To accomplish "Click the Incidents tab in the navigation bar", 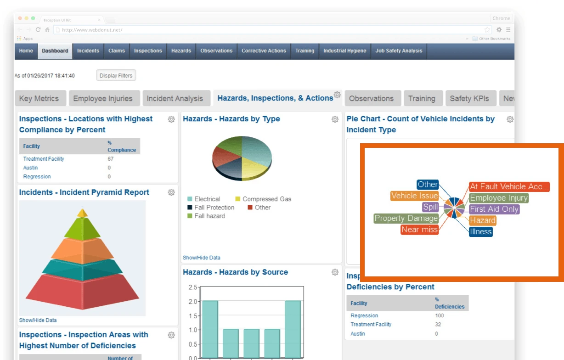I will tap(88, 51).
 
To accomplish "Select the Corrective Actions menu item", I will tap(264, 51).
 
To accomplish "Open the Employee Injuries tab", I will tap(102, 98).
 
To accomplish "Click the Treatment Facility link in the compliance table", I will tap(44, 159).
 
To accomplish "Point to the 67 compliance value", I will tap(110, 159).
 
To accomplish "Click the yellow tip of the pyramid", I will tap(82, 213).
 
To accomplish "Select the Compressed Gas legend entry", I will tap(266, 199).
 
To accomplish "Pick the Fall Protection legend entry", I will tap(214, 208).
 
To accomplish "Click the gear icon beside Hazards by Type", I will tap(335, 119).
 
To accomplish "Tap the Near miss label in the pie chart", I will tap(419, 229).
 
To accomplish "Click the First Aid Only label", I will tap(494, 209).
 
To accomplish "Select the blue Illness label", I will tap(481, 231).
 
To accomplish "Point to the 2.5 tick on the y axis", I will tap(192, 287).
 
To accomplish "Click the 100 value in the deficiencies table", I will tap(440, 316).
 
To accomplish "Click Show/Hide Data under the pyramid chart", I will tap(38, 320).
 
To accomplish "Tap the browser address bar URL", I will tap(92, 30).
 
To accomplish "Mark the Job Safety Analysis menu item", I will tap(399, 51).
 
